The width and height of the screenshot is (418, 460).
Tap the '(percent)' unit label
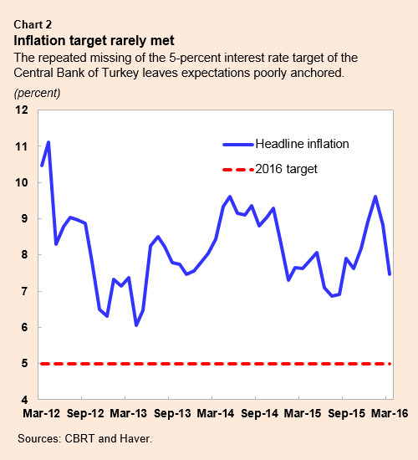37,91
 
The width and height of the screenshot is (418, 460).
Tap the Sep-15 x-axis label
344,413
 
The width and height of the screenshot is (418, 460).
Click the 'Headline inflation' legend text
302,144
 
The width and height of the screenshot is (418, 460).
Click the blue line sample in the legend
236,144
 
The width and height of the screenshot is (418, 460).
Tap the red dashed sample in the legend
236,169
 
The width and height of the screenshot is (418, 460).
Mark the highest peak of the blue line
48,142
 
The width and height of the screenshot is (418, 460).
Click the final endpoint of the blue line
390,273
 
